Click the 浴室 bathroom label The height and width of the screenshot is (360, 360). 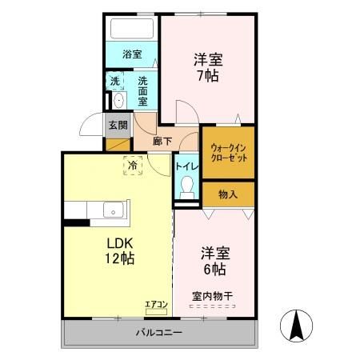[x=132, y=54]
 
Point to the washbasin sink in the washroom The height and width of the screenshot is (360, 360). [x=118, y=100]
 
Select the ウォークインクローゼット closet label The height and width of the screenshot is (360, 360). [x=228, y=153]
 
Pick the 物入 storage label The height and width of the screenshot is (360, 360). [x=228, y=194]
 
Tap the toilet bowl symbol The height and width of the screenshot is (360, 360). [x=187, y=190]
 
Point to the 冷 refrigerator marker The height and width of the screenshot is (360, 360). [x=132, y=166]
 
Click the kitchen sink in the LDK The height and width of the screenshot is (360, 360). [x=113, y=212]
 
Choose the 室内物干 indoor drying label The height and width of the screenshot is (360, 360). [x=212, y=298]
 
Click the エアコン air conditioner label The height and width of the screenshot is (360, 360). [x=155, y=303]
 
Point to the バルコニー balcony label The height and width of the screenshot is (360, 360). [x=158, y=332]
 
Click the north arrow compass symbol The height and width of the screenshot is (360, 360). [x=295, y=325]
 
